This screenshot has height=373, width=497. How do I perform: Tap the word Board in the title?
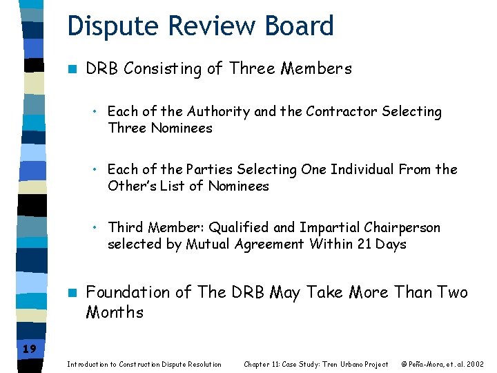tap(300, 26)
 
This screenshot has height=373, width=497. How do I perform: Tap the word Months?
tap(115, 312)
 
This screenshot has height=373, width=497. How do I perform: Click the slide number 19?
tap(29, 349)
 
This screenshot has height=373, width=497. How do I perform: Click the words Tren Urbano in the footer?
tap(335, 364)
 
